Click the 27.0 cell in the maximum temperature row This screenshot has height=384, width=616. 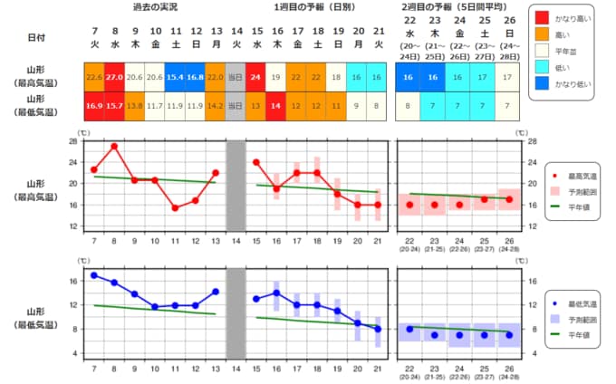pos(114,78)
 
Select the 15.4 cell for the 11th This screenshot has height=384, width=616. pos(175,78)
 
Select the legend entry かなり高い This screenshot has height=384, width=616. pos(564,17)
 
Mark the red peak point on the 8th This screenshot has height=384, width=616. pos(114,146)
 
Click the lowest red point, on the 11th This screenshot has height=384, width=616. pos(175,207)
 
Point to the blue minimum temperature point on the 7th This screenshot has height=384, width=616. pos(94,275)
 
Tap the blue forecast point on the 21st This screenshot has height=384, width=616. pos(378,329)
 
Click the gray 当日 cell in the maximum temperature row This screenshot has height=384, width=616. pos(236,78)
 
